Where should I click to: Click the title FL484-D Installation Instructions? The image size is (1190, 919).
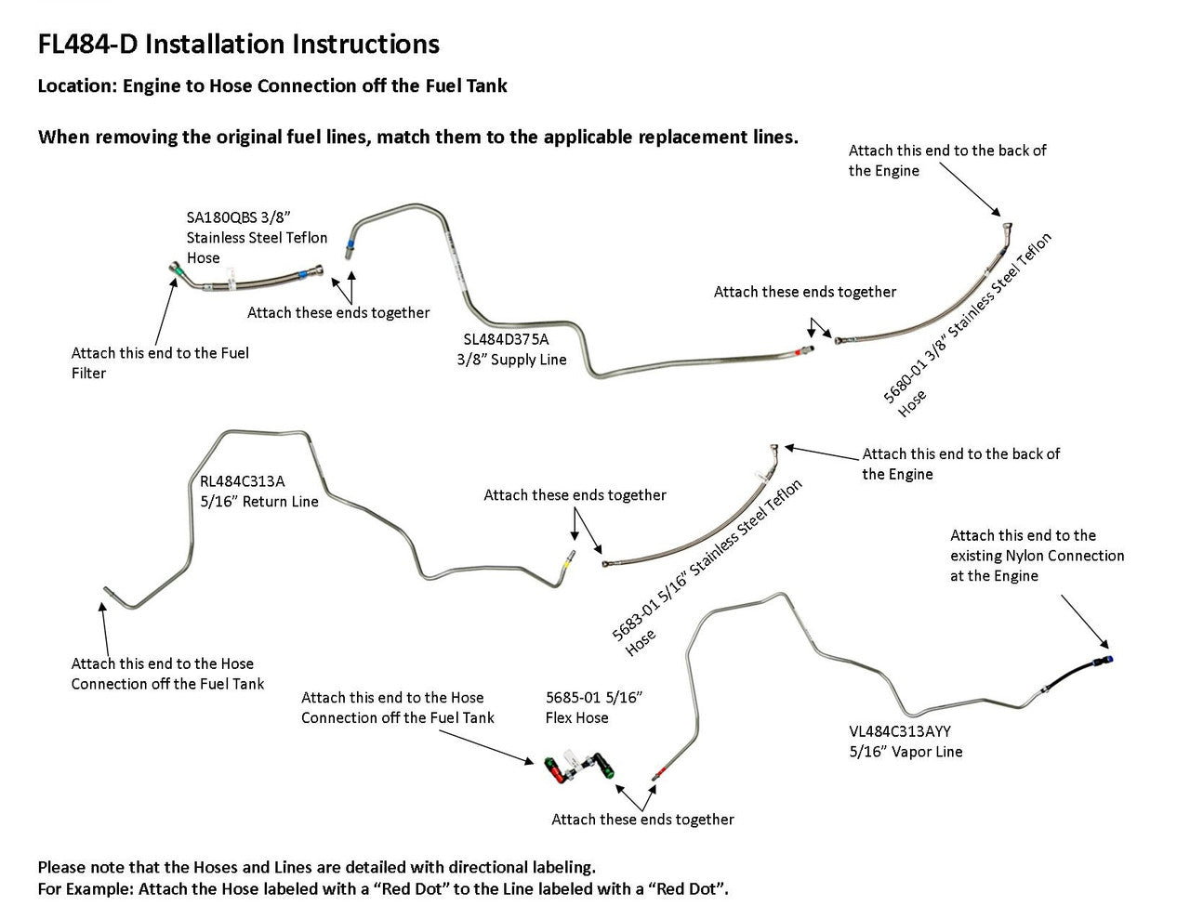[x=238, y=44]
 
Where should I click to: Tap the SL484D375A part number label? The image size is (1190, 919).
[x=506, y=339]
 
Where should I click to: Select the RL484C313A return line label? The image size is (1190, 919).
[x=243, y=481]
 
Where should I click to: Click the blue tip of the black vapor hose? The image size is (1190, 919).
[x=1107, y=660]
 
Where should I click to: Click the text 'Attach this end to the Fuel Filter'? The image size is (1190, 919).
[x=160, y=362]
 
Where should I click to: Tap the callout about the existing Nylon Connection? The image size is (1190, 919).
[x=1037, y=556]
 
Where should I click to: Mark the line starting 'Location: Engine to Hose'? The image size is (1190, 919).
[x=272, y=86]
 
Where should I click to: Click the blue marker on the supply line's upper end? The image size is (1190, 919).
[x=349, y=248]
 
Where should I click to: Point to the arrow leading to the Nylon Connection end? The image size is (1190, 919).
[x=1084, y=622]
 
